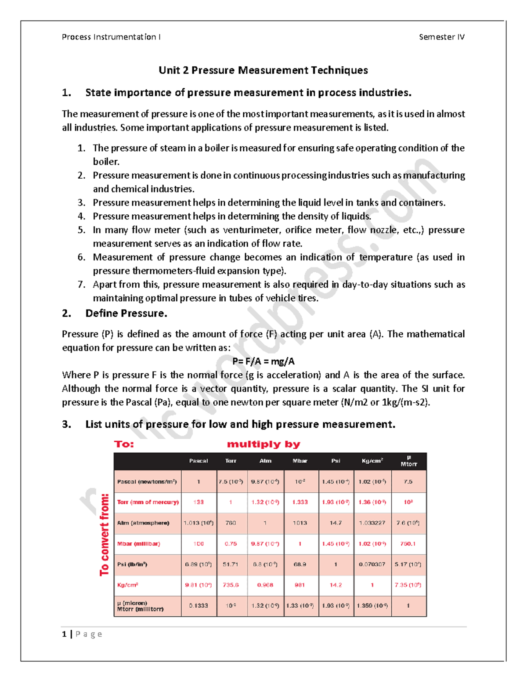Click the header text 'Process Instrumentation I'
point(111,37)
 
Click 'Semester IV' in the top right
point(441,37)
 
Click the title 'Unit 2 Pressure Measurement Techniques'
point(263,70)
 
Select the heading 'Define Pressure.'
point(126,314)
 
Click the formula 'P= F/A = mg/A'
point(263,361)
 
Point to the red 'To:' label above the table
point(124,444)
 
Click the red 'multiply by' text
point(263,444)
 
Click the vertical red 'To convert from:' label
point(104,534)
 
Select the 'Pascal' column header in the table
point(199,461)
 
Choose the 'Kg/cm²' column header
point(372,461)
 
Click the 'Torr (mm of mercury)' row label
point(148,502)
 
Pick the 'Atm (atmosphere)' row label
point(143,523)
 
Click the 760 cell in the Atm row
point(231,523)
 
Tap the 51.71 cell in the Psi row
point(231,564)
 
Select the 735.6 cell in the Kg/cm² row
point(231,585)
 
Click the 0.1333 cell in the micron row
point(199,606)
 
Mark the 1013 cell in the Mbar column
point(300,523)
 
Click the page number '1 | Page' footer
point(82,634)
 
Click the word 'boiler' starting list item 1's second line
point(106,162)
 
